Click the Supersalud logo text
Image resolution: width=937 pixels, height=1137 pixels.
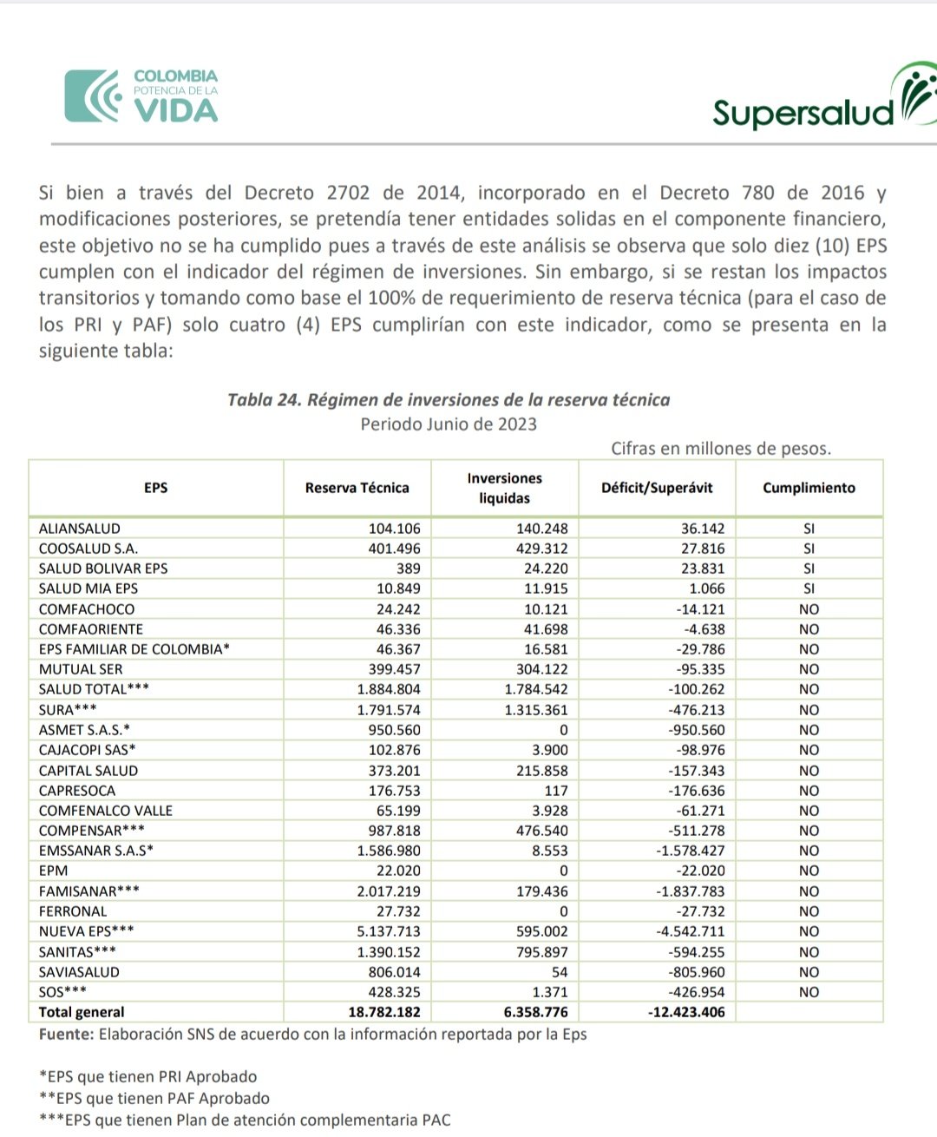coord(803,112)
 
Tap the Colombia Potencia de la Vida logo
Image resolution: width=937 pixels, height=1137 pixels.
coord(141,95)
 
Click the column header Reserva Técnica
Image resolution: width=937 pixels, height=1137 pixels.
coord(357,488)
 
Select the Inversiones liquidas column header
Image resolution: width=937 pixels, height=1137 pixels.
coord(504,488)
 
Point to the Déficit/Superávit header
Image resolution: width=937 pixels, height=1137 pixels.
coord(657,488)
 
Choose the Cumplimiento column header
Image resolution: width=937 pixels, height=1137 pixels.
coord(809,488)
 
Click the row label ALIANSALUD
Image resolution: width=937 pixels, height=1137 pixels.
coord(80,529)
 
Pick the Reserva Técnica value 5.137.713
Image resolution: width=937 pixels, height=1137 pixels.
coord(389,931)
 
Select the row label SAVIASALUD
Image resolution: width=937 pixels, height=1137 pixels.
coord(79,972)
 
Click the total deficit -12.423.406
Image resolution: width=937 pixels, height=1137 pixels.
coord(686,1012)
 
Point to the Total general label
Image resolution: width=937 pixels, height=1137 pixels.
coord(82,1012)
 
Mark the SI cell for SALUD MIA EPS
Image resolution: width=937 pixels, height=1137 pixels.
coord(809,588)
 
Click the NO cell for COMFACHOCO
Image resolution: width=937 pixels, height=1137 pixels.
coord(809,609)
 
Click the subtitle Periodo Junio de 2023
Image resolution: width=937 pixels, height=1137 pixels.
coord(449,424)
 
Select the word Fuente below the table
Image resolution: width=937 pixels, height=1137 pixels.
coord(66,1035)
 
